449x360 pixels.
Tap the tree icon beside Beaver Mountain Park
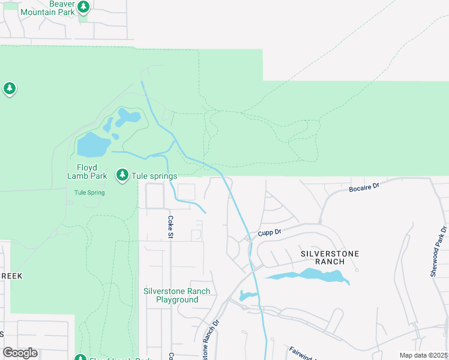(84, 7)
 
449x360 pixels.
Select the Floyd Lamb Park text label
(87, 172)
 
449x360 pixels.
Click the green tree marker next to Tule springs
(122, 175)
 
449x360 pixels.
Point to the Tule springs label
(155, 176)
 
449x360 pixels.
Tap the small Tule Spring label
(89, 193)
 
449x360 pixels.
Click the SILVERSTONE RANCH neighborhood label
(330, 257)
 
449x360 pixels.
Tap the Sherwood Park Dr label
(438, 251)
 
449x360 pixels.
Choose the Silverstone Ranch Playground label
(177, 295)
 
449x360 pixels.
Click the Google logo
(20, 353)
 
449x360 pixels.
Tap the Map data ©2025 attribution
(423, 355)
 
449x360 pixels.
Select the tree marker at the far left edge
(9, 89)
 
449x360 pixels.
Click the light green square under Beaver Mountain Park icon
(83, 17)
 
